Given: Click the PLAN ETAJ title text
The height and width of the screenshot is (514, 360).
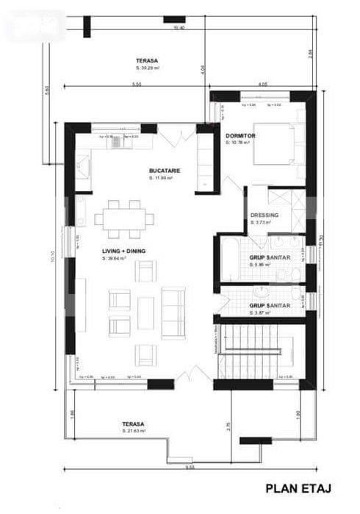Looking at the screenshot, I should point(300,488).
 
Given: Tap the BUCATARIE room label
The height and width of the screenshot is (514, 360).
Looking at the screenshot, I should point(165,171).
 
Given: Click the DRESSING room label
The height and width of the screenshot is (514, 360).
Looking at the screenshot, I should point(263,215).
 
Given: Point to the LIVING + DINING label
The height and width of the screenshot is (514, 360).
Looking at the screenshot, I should point(123,251).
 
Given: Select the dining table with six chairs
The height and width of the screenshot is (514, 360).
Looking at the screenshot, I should point(124,218).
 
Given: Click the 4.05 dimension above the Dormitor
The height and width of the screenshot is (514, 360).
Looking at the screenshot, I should point(262,85).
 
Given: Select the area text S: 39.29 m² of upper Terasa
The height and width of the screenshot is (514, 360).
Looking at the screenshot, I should point(147,68).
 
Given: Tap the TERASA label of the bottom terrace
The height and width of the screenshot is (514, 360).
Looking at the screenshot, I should point(133,424).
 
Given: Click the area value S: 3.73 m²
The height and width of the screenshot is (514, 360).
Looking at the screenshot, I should point(261,222).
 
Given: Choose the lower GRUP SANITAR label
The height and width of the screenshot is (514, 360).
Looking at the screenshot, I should point(270,305).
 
